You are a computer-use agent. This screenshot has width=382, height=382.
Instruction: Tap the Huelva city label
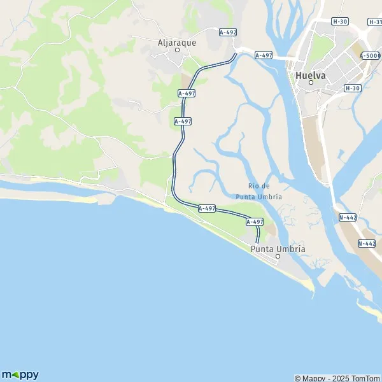pos(311,75)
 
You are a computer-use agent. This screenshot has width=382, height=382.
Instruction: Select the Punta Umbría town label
pos(278,248)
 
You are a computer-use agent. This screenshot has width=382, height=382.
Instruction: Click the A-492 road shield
pos(227,32)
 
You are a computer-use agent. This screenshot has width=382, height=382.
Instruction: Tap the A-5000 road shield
pos(371,56)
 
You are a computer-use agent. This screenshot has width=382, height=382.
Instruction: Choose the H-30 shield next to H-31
pos(340,22)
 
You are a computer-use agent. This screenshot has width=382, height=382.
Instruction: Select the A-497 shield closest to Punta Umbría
pos(254,222)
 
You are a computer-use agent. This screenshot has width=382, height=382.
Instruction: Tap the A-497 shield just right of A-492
pos(264,55)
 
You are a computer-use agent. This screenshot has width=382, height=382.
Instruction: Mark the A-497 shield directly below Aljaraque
pos(186,93)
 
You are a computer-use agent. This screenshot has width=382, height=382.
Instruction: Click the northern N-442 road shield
pos(348,217)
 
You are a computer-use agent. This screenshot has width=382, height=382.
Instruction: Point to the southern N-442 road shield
pos(367,243)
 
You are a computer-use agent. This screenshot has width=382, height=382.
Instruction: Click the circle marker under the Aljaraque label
pos(178,50)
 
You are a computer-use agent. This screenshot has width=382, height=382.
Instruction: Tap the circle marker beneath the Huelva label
pos(311,83)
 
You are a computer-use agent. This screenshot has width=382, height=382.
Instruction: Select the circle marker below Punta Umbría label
pos(278,257)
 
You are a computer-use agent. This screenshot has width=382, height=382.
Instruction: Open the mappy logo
pos(20,374)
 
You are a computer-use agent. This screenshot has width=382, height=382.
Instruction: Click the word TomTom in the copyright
pos(364,378)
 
